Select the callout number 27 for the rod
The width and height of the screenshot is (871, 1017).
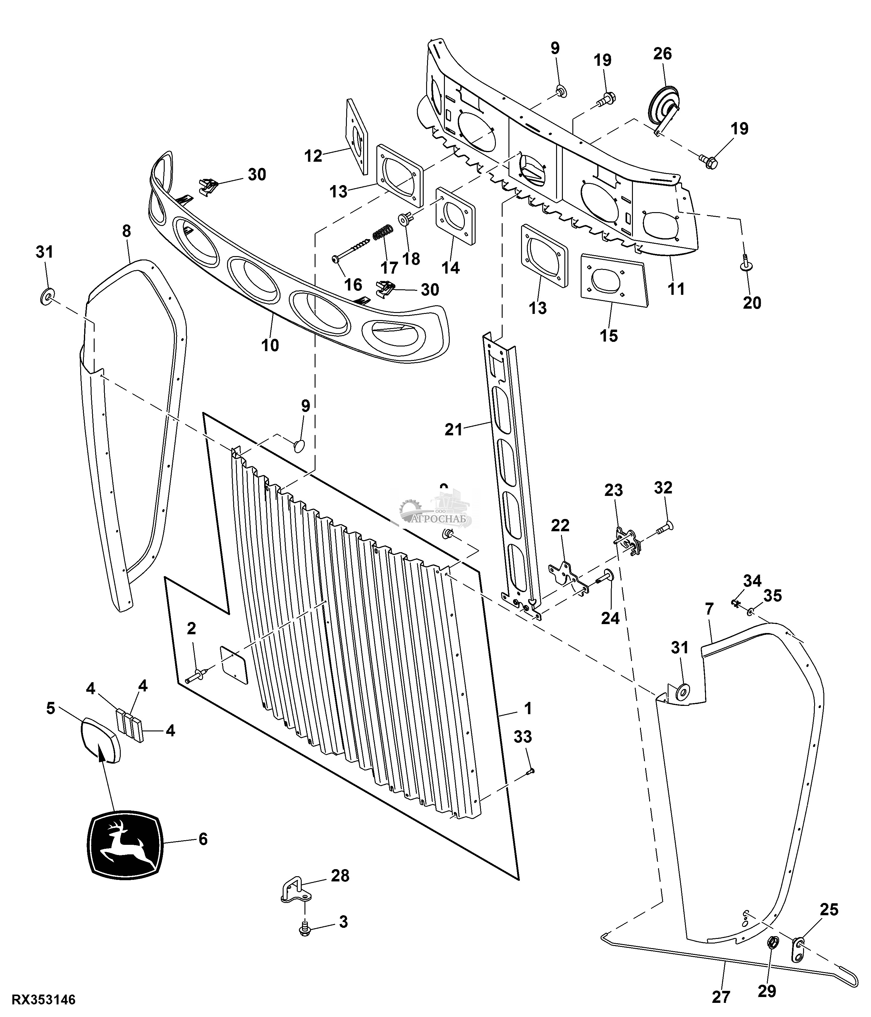[720, 997]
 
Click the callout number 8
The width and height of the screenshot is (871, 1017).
[127, 231]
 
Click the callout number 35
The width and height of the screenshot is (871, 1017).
[773, 596]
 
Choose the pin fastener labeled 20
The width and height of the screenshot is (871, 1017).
[745, 263]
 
